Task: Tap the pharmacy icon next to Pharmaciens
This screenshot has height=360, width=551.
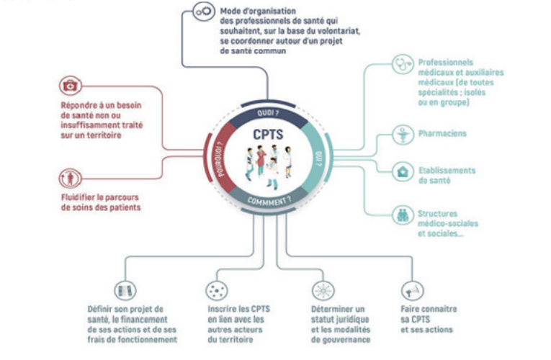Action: coord(402,133)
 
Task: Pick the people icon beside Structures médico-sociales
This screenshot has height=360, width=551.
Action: coord(402,215)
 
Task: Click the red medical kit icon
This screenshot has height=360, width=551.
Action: coord(70,86)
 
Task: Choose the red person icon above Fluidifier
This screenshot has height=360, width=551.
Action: coord(70,178)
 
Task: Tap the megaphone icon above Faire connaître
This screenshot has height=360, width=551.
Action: coord(411,289)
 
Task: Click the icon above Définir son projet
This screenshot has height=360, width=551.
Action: coord(125,290)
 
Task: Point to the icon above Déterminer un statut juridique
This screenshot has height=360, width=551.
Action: coord(322,289)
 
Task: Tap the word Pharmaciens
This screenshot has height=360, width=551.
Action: coord(442,134)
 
